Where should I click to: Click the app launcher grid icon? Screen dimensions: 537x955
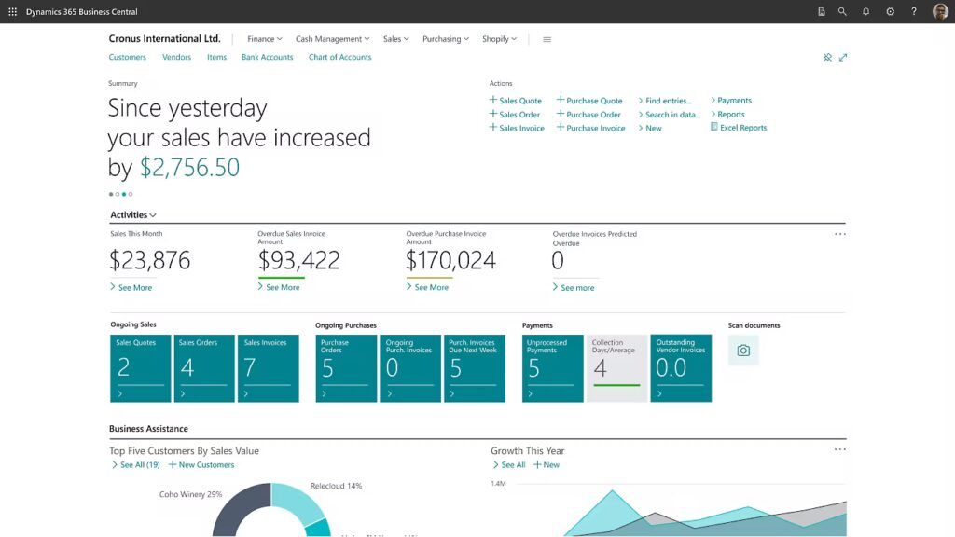[12, 12]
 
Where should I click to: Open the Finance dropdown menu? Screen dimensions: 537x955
[264, 39]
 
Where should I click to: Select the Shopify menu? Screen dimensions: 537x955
[499, 39]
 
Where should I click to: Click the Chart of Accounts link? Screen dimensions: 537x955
[339, 57]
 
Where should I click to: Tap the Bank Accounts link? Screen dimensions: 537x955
[267, 57]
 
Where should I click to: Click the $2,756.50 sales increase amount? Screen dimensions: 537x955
[189, 168]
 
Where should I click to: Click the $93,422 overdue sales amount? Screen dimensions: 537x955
[298, 260]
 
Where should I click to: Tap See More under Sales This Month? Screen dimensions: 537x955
[134, 288]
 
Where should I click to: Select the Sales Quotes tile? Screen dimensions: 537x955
[141, 368]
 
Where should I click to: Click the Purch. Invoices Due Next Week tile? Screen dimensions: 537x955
[474, 368]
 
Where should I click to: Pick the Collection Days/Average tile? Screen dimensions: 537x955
[616, 368]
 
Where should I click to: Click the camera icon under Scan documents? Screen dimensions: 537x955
[743, 351]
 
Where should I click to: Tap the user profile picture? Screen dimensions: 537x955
[939, 12]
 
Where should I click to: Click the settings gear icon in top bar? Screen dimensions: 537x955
[890, 12]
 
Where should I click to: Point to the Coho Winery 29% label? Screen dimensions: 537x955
[190, 494]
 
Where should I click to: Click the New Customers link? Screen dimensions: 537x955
[206, 464]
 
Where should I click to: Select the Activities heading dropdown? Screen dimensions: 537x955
[133, 215]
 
